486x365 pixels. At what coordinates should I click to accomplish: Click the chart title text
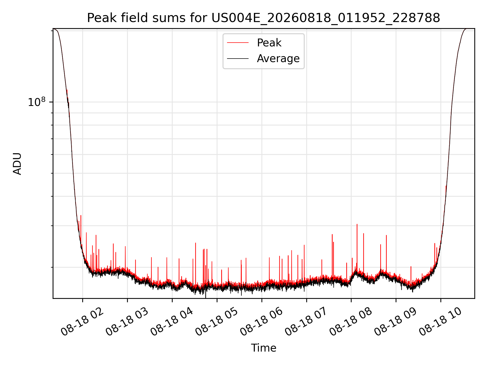pyautogui.click(x=264, y=18)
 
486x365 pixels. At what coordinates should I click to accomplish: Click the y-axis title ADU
pyautogui.click(x=17, y=164)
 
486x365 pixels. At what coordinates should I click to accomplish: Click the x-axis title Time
pyautogui.click(x=264, y=348)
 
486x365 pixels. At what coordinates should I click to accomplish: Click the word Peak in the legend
pyautogui.click(x=269, y=43)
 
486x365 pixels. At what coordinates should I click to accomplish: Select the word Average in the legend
pyautogui.click(x=278, y=59)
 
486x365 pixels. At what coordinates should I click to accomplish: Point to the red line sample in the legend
pyautogui.click(x=238, y=43)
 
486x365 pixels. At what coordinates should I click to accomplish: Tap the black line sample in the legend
pyautogui.click(x=238, y=59)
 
